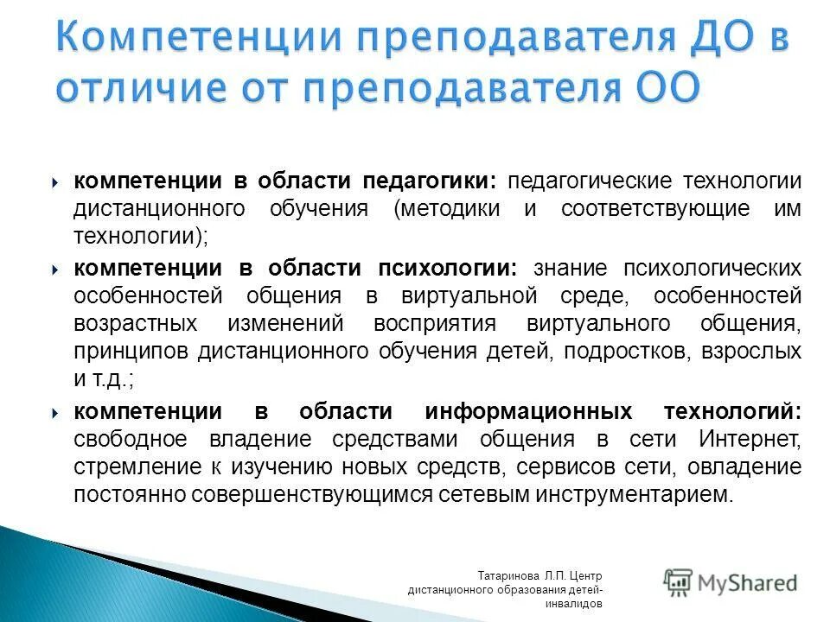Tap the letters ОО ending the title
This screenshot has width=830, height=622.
click(x=665, y=89)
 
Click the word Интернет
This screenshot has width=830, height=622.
click(x=749, y=439)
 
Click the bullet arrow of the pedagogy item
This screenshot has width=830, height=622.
click(x=55, y=182)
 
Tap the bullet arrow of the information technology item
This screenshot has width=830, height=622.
click(x=55, y=412)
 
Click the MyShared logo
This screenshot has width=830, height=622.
click(x=731, y=583)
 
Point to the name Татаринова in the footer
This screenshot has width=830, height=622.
click(x=508, y=575)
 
